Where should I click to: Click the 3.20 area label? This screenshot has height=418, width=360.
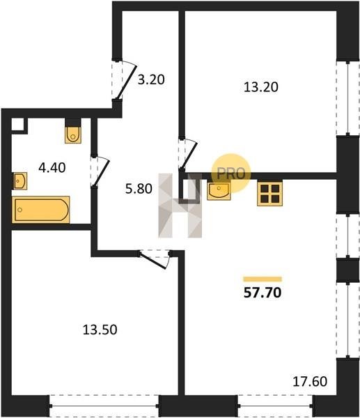tap(151, 79)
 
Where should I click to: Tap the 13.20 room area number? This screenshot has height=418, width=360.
tap(261, 87)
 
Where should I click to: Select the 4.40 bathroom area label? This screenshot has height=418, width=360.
tap(52, 168)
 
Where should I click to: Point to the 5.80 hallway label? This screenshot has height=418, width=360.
tap(139, 189)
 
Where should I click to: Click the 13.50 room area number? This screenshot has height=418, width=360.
tap(100, 330)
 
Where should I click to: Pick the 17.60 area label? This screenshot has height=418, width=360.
tap(310, 381)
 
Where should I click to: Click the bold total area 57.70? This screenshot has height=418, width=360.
tap(263, 293)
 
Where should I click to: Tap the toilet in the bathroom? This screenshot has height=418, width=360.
tap(73, 135)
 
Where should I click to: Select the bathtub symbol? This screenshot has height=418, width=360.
tap(41, 210)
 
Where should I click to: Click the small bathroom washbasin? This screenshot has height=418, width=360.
tap(20, 181)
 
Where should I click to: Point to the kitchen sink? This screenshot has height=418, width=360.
tap(219, 190)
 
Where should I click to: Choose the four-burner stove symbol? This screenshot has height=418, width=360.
tap(269, 194)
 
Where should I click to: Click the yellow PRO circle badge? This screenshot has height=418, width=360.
tap(231, 173)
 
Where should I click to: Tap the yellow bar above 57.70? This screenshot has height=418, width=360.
tap(263, 279)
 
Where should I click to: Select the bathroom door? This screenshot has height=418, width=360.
tap(101, 172)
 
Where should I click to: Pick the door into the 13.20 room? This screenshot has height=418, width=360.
tap(189, 155)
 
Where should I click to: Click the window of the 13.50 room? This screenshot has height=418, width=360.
tap(104, 406)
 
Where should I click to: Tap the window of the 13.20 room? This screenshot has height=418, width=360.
tap(347, 99)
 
